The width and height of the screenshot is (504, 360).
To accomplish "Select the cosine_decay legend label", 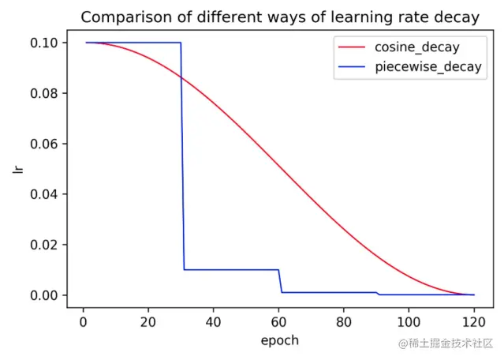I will click(416, 47).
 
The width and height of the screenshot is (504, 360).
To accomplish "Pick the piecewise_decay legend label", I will click(428, 67).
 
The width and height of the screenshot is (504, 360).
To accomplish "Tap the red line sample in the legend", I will click(353, 47).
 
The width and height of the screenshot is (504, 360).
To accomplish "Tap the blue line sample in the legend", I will click(353, 67).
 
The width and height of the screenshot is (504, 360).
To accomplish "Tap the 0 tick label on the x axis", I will click(83, 322).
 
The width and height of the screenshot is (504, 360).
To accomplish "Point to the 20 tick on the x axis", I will click(147, 322).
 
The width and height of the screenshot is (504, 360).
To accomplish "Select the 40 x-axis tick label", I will click(213, 322).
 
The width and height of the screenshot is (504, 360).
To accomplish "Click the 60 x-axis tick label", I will click(278, 322).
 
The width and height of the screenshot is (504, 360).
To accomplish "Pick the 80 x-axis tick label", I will click(343, 322).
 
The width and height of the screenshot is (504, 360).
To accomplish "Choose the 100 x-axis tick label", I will click(409, 322).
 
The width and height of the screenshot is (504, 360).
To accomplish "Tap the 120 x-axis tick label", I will click(473, 322).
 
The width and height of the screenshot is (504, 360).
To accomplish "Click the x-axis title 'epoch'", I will click(279, 340).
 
